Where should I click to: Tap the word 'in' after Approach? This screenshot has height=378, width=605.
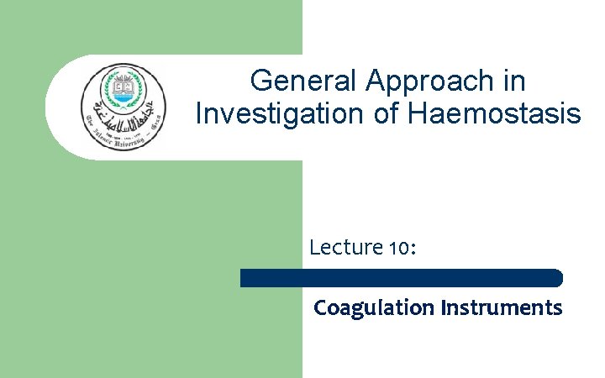(515, 81)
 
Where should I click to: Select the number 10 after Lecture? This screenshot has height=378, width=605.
(398, 249)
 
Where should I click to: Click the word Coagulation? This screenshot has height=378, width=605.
(372, 308)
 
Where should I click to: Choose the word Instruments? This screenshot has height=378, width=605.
(501, 308)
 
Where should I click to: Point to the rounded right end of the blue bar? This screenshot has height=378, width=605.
(557, 278)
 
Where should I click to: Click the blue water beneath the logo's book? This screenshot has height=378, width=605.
(124, 97)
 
